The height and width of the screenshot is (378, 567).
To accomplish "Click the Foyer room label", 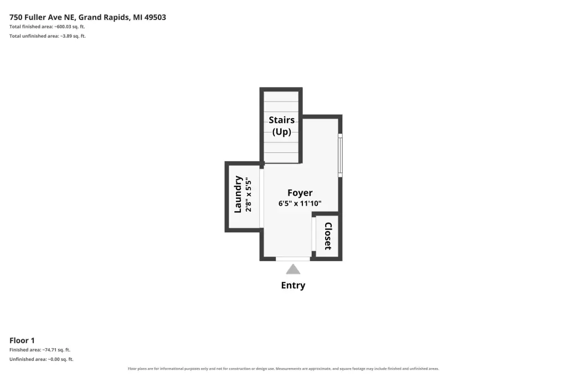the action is coord(300,193).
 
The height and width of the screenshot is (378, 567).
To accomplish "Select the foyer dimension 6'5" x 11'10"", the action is coord(300,203).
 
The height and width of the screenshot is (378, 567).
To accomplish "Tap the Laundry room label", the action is coord(238,195).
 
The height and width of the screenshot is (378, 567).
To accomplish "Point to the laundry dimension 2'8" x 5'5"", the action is coord(249,195).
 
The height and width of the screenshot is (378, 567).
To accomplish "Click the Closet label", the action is coord(328,236).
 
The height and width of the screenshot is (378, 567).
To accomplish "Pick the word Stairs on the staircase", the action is coord(282,120).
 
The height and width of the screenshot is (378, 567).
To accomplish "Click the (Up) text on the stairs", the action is coord(282,131).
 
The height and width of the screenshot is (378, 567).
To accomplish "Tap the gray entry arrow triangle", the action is coord(293,269).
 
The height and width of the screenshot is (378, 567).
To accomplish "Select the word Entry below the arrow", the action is coord(293,285).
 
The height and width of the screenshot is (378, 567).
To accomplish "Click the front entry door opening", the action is coord(293,259).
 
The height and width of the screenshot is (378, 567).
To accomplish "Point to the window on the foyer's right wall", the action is coord(340,155).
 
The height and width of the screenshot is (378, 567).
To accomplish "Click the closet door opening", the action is coord(314,234).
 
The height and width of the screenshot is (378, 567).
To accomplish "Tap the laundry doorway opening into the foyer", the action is coord(261,198).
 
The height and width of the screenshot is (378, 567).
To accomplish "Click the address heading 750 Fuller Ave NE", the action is coord(42,17).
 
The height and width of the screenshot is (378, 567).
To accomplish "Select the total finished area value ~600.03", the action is coord(63,27).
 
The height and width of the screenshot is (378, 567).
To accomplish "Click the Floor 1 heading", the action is coord(22,340).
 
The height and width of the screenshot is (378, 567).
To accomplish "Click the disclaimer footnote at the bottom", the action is coord(283,369).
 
